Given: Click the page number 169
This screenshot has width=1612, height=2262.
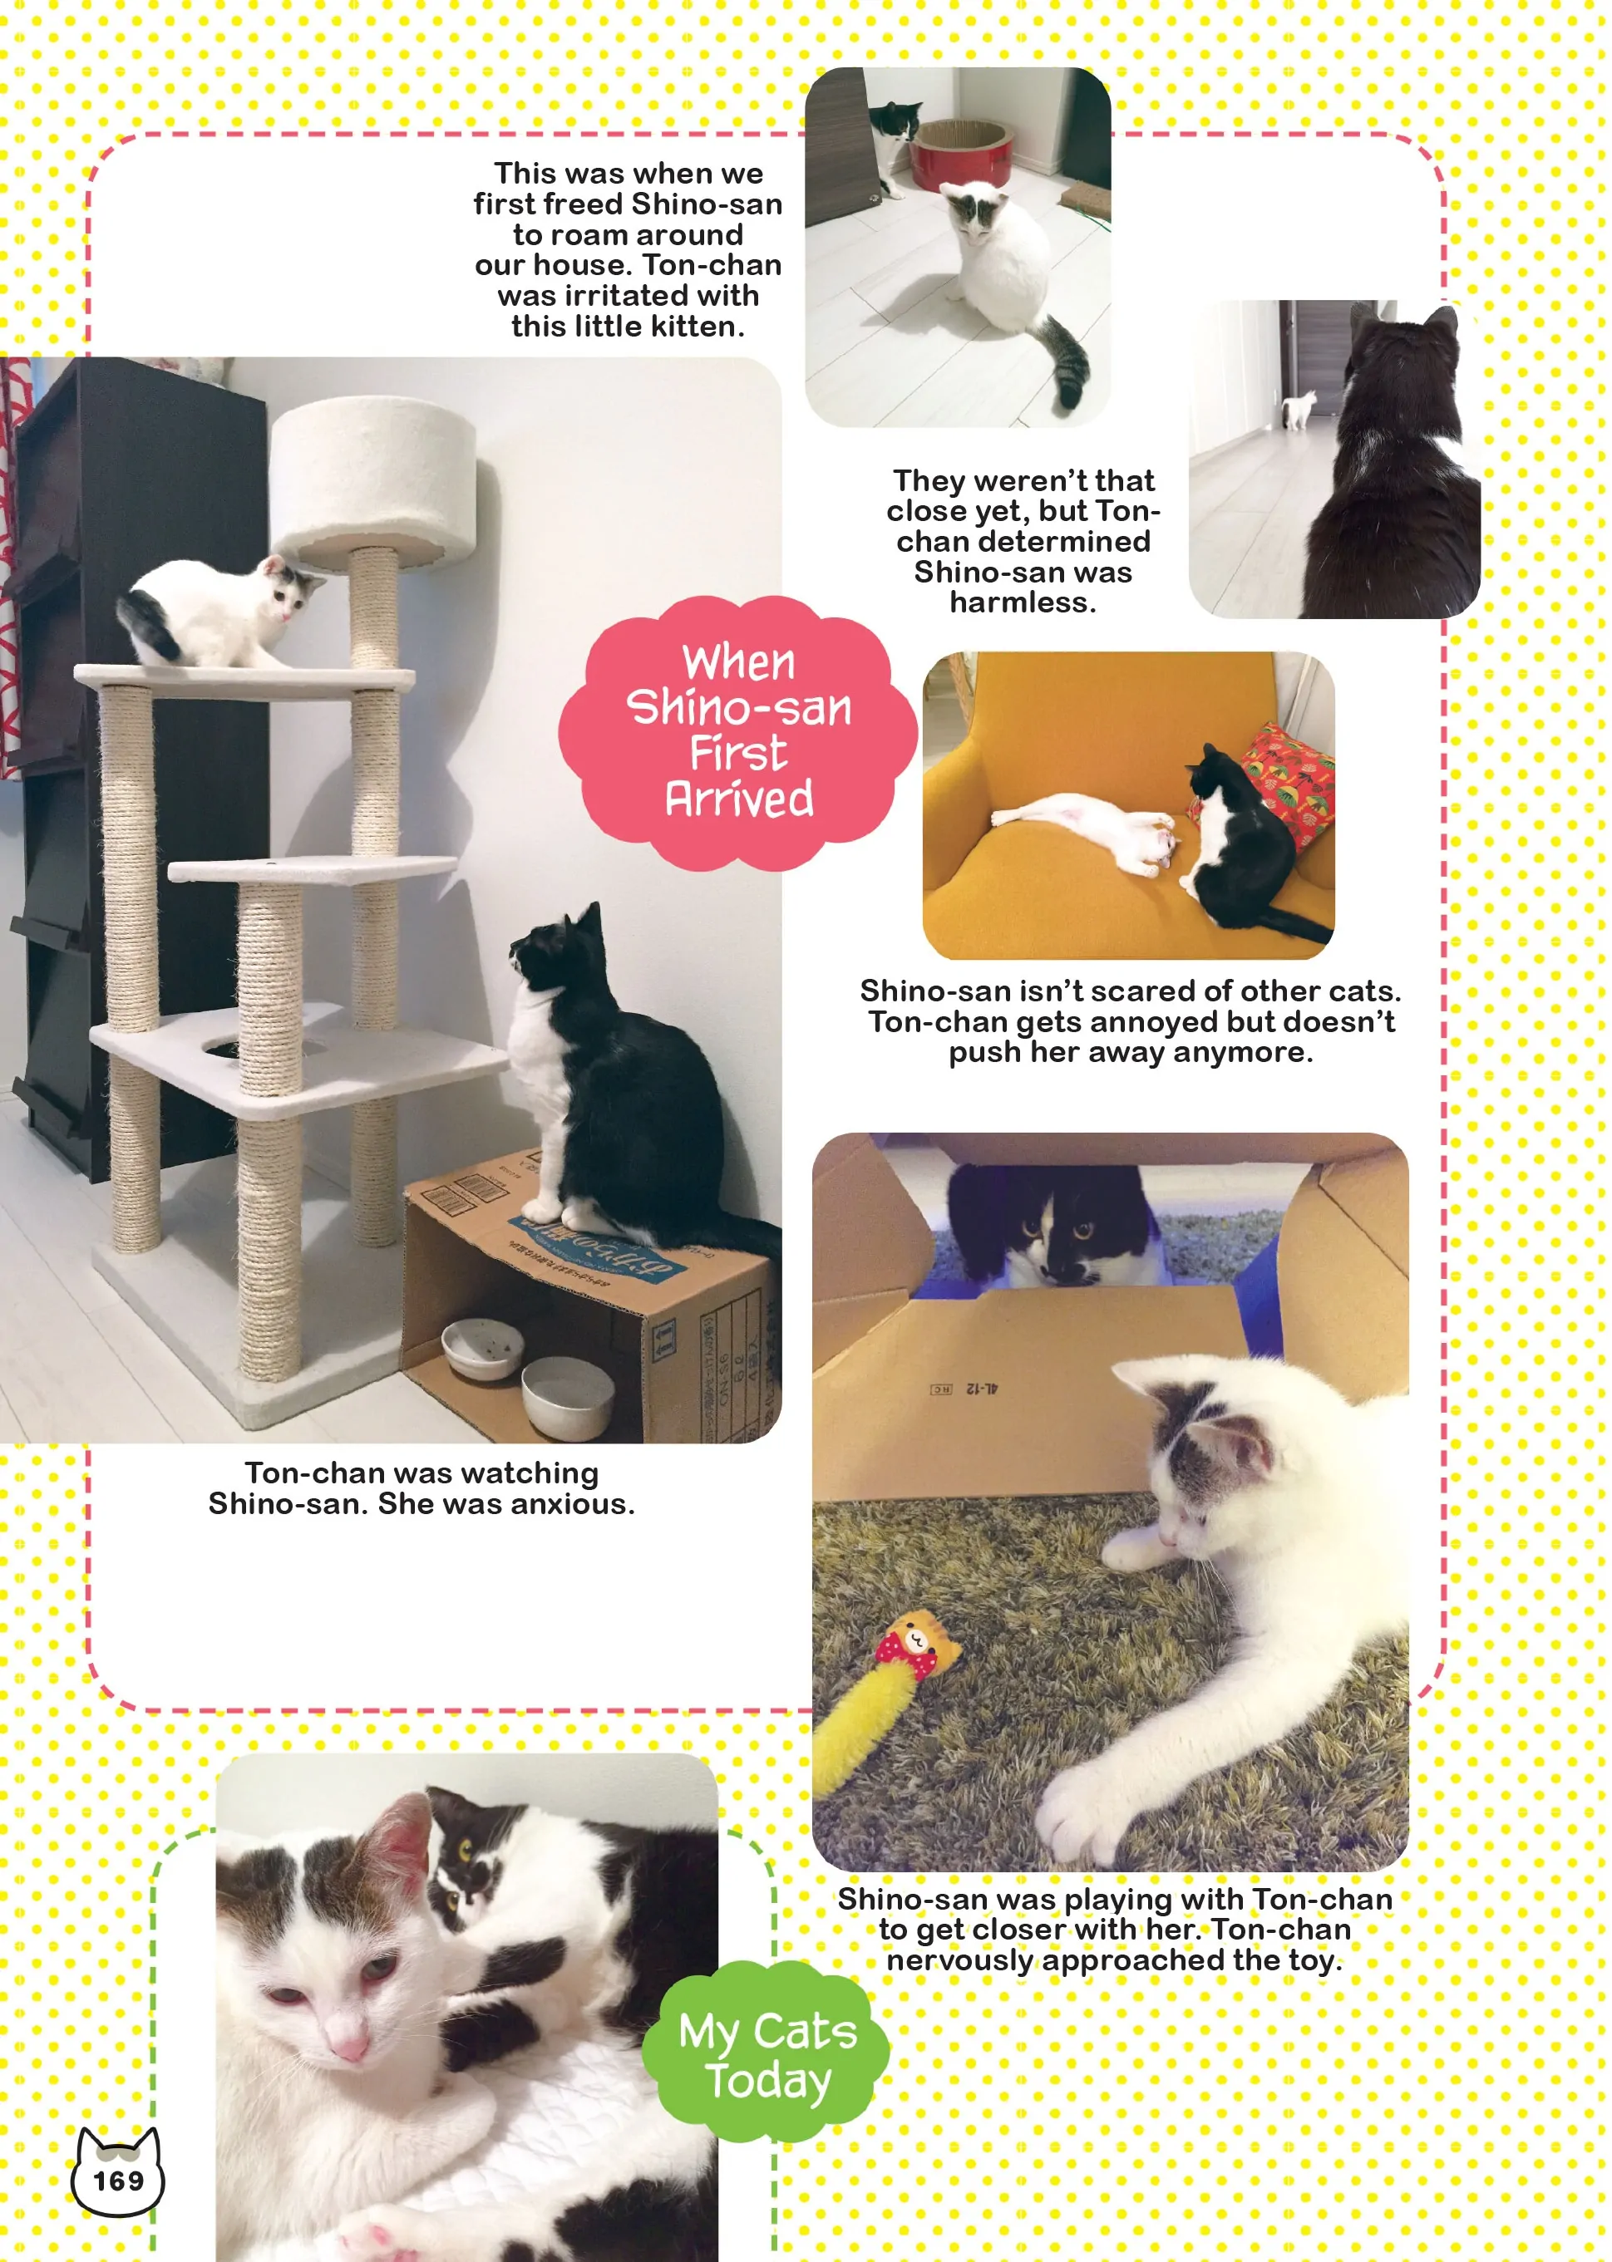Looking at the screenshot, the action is click(118, 2180).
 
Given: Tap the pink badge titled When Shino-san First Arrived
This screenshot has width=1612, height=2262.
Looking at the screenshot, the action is click(737, 732).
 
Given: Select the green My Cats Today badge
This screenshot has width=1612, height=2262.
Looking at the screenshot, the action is click(767, 2054).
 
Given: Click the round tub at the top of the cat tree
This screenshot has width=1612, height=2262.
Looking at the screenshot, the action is click(372, 481).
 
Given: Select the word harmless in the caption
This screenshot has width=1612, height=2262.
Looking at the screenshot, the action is click(1023, 602).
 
